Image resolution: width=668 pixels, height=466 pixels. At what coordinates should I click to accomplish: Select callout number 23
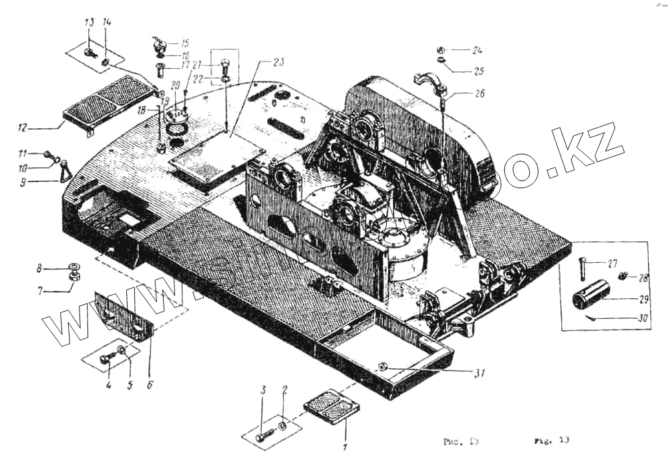pyautogui.click(x=279, y=62)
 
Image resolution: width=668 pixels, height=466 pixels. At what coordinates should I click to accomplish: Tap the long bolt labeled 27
pyautogui.click(x=582, y=268)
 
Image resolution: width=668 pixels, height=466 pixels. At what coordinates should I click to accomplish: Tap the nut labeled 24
pyautogui.click(x=443, y=50)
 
